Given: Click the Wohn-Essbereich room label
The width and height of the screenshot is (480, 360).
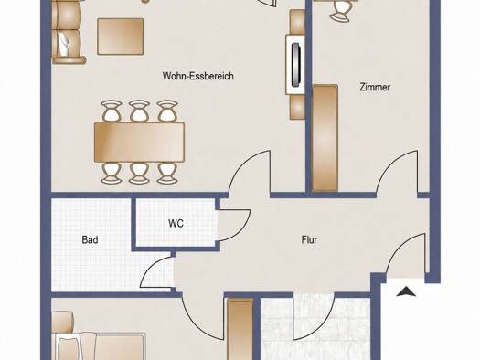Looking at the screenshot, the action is pyautogui.click(x=198, y=76).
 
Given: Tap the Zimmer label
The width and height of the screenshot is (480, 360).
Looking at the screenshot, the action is pyautogui.click(x=375, y=87).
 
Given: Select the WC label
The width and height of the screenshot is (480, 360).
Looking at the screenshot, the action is pyautogui.click(x=176, y=223).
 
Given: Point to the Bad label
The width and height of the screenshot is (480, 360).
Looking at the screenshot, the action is pyautogui.click(x=90, y=239).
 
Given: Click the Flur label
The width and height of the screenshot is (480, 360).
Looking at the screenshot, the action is pyautogui.click(x=309, y=239).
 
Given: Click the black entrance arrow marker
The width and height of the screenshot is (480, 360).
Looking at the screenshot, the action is pyautogui.click(x=406, y=291).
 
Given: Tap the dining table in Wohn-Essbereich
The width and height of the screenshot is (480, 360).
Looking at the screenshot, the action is pyautogui.click(x=139, y=142).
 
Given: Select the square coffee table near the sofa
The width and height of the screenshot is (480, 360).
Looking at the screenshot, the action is pyautogui.click(x=121, y=37).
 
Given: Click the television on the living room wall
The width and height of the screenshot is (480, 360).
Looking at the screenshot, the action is pyautogui.click(x=295, y=65).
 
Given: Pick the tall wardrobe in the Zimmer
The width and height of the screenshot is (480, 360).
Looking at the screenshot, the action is pyautogui.click(x=325, y=138).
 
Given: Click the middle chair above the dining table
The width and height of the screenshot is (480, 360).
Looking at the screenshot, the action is pyautogui.click(x=139, y=111).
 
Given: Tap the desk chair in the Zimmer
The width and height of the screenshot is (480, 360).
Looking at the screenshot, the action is pyautogui.click(x=339, y=10).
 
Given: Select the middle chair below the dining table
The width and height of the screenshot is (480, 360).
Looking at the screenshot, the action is pyautogui.click(x=139, y=173).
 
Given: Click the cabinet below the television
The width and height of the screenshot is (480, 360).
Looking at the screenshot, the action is pyautogui.click(x=297, y=106).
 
